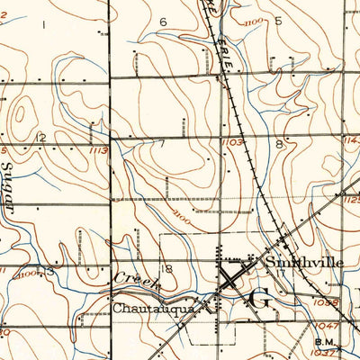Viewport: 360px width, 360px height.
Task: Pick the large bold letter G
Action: tap(258, 300)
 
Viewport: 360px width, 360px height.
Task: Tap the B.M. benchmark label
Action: tap(323, 341)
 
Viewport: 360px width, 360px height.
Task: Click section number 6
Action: tap(163, 22)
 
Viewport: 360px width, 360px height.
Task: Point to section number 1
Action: tap(42, 25)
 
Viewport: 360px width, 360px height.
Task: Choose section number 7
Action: tap(162, 143)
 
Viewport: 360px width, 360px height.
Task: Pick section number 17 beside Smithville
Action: tap(281, 270)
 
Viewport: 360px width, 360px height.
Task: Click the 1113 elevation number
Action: tap(98, 151)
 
